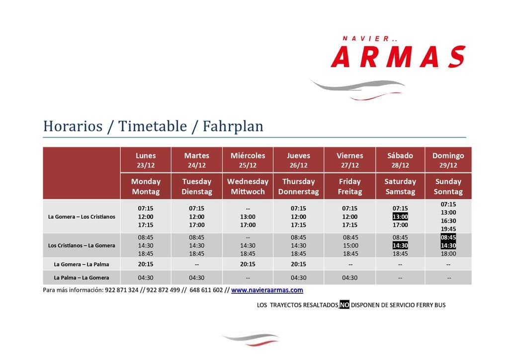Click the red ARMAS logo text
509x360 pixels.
coord(398,57)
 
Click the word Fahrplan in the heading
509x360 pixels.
coord(233,126)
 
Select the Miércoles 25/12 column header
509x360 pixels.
coord(248,160)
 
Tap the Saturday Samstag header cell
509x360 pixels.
coord(400,186)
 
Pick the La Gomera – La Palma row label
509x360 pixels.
coord(82,264)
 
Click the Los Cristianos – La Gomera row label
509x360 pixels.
coord(82,246)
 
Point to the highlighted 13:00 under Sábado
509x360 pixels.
coord(400,216)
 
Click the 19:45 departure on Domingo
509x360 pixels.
coord(448,229)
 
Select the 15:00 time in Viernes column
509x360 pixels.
coord(350,246)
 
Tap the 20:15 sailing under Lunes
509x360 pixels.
coord(146,264)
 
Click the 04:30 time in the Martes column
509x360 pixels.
coord(197,278)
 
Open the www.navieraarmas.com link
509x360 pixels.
coord(267,290)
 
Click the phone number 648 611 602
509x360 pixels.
coord(206,290)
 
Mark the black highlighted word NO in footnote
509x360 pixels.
coord(344,304)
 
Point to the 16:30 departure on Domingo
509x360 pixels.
coord(448,221)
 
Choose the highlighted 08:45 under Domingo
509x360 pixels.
coord(448,237)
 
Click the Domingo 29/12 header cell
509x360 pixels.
coord(448,160)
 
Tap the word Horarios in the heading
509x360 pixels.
coord(73,126)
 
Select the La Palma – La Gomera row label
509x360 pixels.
coord(82,278)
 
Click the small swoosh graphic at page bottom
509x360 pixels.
coord(251,339)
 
